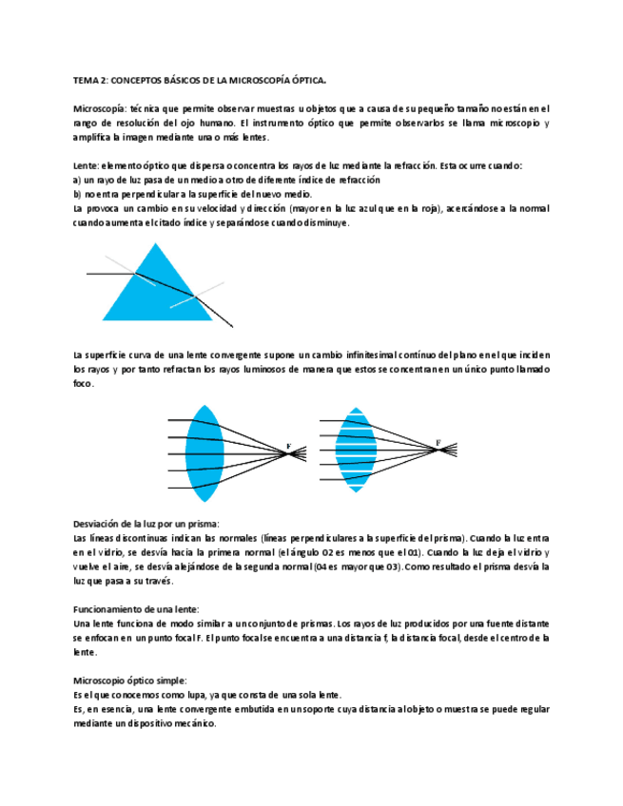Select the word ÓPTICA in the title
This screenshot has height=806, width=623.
tap(308, 82)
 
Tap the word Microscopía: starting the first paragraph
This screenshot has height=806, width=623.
tap(99, 109)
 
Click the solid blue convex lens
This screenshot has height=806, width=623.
tap(204, 453)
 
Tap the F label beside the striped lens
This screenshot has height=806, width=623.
tap(438, 443)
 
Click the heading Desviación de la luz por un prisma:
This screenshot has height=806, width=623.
tap(146, 525)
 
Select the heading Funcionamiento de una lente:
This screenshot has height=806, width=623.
tap(135, 608)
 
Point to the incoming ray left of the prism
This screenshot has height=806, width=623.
tap(109, 275)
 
